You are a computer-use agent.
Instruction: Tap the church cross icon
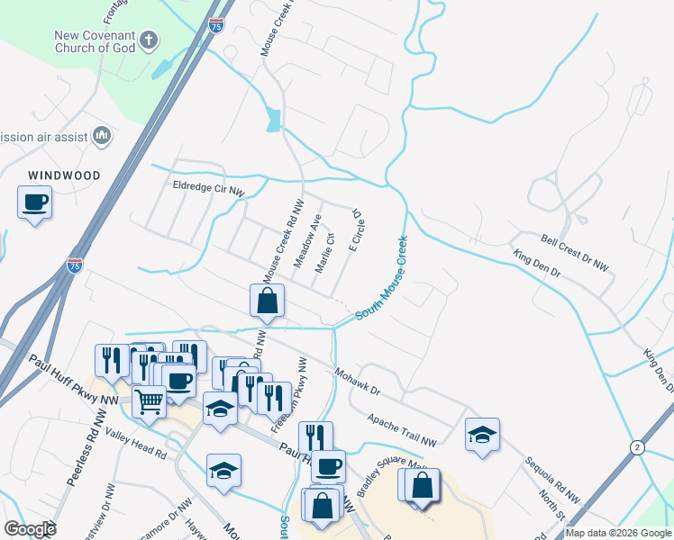150,40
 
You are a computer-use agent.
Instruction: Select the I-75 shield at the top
215,26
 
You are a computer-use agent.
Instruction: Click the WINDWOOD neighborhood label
63,175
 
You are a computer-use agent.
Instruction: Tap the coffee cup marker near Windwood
34,202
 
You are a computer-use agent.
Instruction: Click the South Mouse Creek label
381,279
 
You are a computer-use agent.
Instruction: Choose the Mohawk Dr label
358,381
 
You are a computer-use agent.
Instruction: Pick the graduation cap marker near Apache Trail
482,436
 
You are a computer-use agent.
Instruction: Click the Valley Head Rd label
136,443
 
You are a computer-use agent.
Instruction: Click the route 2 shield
638,447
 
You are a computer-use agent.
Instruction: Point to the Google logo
30,529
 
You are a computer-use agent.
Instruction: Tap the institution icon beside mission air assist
101,137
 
